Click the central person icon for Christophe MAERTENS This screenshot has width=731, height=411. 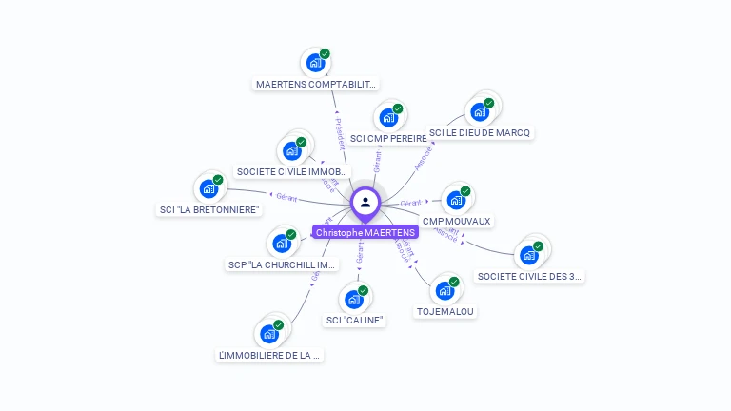tap(365, 203)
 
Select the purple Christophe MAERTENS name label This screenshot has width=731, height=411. tap(365, 232)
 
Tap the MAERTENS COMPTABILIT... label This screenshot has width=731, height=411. tap(316, 84)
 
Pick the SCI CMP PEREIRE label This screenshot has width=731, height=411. tap(388, 138)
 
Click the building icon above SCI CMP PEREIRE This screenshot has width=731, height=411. tap(387, 118)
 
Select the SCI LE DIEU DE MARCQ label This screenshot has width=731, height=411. tap(479, 132)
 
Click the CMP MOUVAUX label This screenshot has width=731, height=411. tap(457, 221)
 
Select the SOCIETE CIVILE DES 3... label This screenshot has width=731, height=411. tap(529, 276)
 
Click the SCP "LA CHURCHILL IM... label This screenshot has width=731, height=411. tap(282, 264)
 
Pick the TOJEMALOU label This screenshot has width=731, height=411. tap(445, 311)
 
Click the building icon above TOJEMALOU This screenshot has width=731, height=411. tap(444, 291)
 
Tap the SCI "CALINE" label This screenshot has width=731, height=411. tap(354, 320)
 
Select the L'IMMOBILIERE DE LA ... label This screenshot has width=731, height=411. tap(270, 355)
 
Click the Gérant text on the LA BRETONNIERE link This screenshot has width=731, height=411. tap(286, 198)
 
